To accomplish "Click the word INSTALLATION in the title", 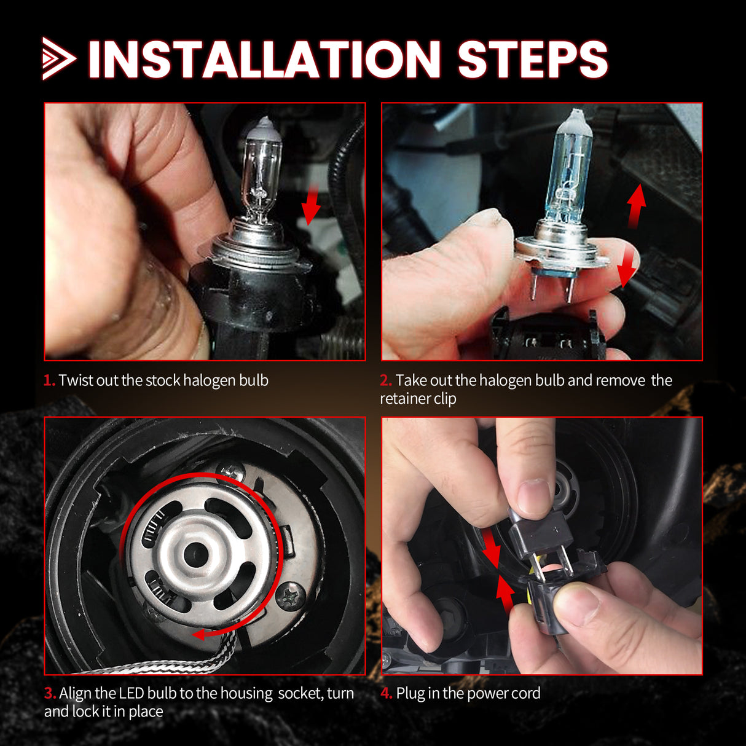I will click(264, 60).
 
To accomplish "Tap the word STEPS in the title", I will click(532, 60).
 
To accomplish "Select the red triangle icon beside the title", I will click(58, 59).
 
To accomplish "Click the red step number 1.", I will click(49, 380).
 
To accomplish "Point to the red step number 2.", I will click(385, 380).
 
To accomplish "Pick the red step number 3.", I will click(49, 693).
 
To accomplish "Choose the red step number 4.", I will click(386, 693).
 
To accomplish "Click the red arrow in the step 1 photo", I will click(312, 206).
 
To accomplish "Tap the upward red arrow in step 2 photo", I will click(636, 205).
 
